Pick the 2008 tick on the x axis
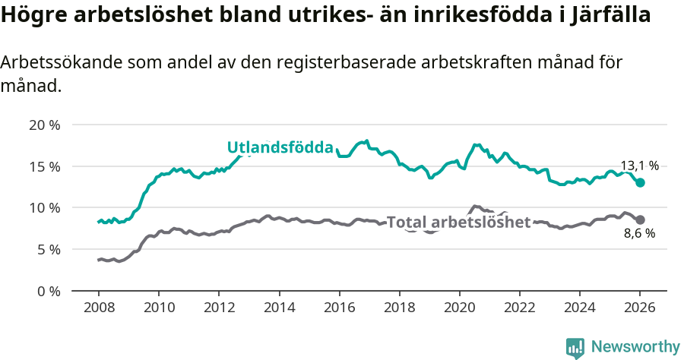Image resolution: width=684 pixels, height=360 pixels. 99,308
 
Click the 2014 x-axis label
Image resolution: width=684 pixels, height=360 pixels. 279,308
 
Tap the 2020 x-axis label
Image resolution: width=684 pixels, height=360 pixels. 459,308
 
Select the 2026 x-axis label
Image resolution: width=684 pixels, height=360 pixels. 640,308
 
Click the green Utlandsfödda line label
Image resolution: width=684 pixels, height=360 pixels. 280,147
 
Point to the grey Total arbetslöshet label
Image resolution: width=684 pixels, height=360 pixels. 458,223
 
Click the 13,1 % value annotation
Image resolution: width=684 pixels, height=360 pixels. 639,166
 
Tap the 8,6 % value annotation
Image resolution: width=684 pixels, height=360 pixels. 639,234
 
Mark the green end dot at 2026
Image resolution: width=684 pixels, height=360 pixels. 641,182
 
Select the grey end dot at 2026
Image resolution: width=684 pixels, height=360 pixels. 641,219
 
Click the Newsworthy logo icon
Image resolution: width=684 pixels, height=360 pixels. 575,347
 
